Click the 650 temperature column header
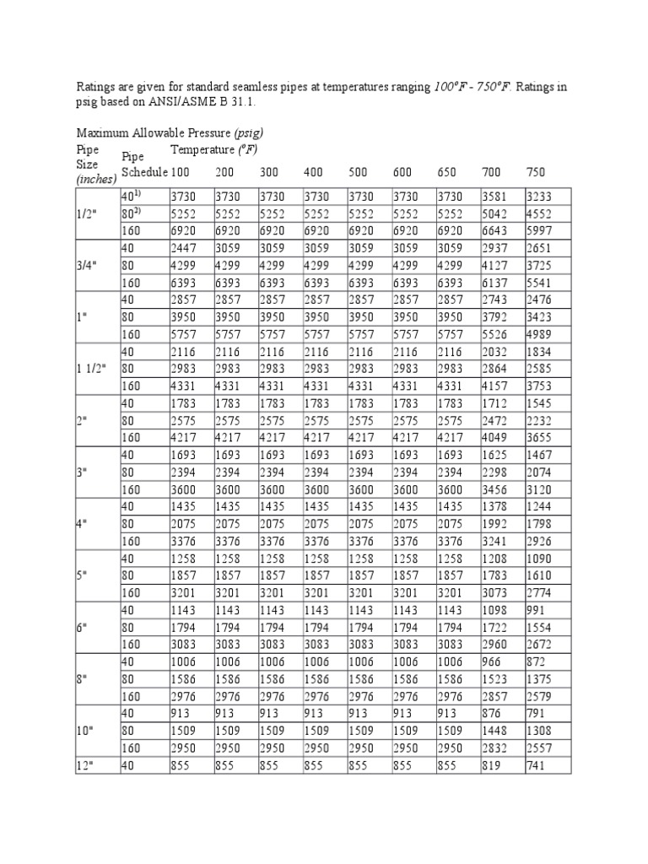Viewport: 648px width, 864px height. [447, 171]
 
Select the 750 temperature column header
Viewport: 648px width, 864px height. [535, 171]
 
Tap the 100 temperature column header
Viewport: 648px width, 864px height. [180, 171]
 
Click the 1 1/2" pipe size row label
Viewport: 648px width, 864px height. [94, 369]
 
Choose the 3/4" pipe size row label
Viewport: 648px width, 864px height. [88, 265]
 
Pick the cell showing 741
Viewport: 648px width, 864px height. [535, 765]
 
